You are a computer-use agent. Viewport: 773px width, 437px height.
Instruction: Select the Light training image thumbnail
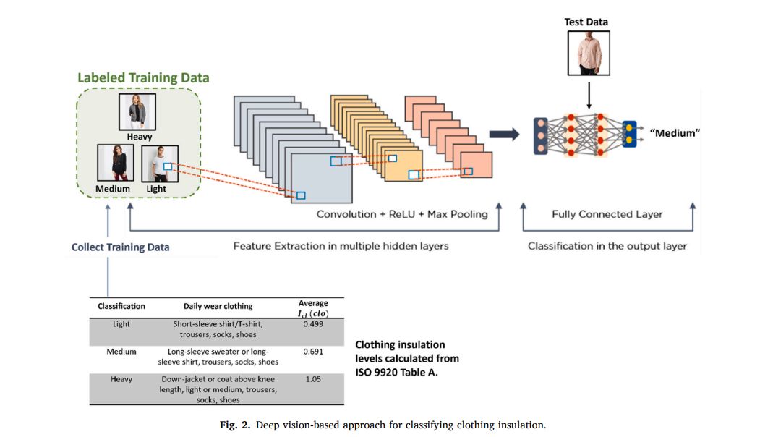(156, 164)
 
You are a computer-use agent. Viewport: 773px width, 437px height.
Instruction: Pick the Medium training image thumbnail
(113, 164)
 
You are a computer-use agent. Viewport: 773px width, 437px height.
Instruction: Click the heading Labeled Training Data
(143, 77)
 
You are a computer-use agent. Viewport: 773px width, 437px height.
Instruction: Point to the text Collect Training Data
(120, 247)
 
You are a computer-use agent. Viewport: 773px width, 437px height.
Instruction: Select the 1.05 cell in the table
(313, 379)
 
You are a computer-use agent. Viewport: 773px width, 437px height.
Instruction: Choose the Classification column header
(121, 306)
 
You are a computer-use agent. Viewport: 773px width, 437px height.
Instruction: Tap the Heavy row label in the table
(121, 379)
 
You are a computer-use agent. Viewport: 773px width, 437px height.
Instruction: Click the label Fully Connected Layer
(607, 214)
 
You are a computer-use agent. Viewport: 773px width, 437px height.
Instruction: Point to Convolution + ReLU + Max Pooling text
(402, 214)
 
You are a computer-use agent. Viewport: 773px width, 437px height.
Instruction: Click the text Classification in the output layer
(607, 246)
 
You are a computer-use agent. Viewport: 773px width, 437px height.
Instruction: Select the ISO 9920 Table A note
(406, 358)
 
